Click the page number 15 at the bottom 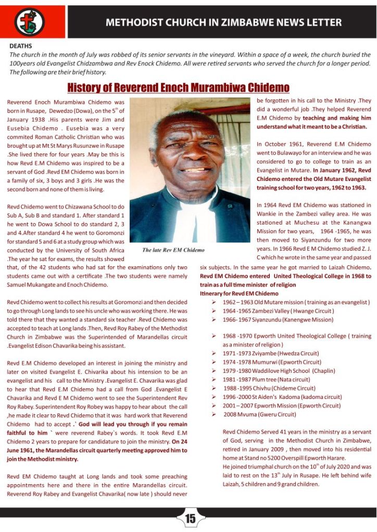click(x=190, y=518)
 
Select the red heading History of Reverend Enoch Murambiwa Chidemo click(x=179, y=87)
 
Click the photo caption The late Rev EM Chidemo click(x=173, y=250)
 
